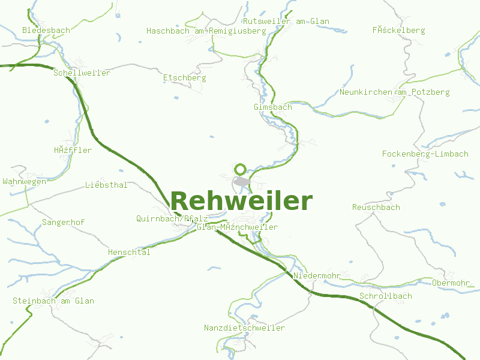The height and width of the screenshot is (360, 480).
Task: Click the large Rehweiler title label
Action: point(241,201)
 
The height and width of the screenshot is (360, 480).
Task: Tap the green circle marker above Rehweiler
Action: point(241,169)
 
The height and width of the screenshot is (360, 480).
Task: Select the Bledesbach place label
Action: point(46,30)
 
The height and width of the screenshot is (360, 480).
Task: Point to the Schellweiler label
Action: point(82,73)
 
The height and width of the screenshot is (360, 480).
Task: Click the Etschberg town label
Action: point(184,78)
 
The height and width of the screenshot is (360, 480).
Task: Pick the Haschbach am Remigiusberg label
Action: point(206,31)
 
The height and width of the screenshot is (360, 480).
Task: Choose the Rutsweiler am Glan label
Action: point(286,21)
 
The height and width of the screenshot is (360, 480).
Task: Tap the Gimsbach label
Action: point(272,107)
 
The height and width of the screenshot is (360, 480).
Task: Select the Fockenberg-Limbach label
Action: point(425,154)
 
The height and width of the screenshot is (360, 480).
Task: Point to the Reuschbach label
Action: point(376,207)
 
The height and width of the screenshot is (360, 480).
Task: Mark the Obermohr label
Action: point(451,283)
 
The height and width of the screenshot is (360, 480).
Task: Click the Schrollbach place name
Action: point(385,296)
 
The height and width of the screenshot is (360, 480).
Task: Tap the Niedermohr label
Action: point(317,276)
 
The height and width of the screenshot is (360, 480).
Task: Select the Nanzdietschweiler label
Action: point(244,328)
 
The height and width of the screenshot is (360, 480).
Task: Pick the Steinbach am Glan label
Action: point(53,301)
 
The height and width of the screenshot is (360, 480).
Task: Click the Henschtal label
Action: point(128,253)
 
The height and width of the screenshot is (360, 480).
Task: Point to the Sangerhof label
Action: point(63,223)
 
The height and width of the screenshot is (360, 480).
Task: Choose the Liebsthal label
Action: point(106,185)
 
